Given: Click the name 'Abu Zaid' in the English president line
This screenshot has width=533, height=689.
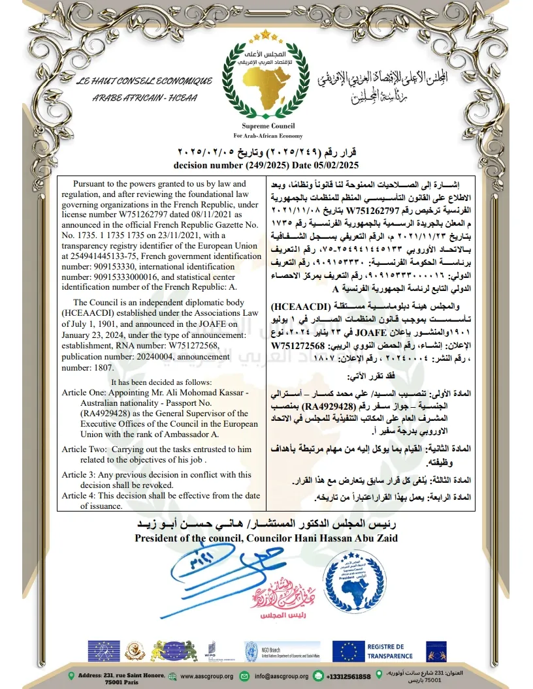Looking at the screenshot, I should (x=371, y=538).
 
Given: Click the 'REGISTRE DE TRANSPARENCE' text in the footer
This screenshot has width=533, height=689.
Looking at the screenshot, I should (x=389, y=651).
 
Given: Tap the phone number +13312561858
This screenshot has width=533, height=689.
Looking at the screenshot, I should (x=348, y=677).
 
